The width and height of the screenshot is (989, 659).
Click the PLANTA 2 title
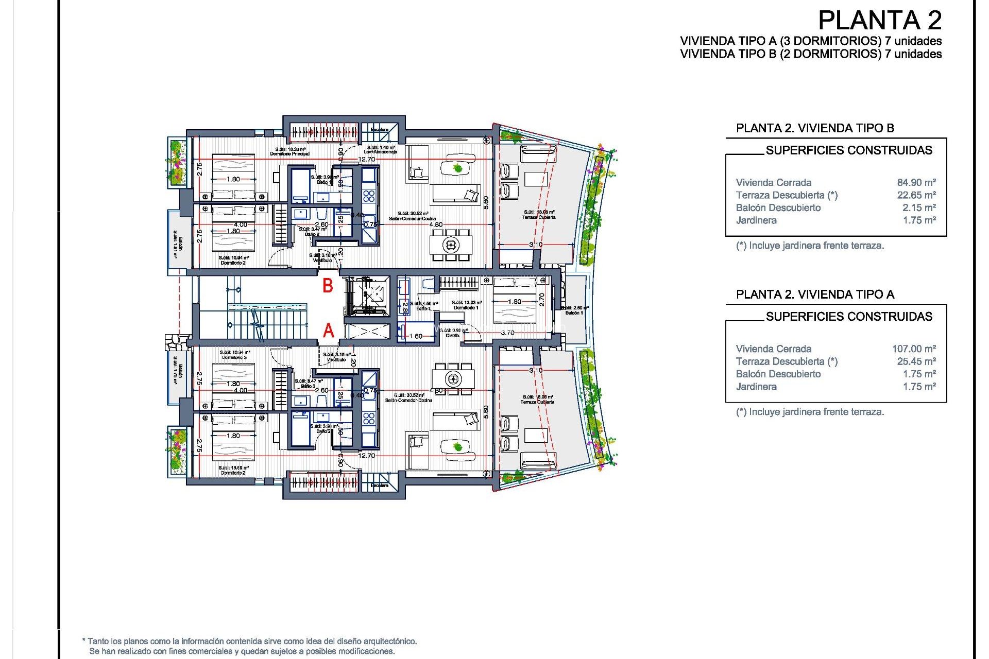[879, 21]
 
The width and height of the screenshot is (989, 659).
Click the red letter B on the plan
[328, 286]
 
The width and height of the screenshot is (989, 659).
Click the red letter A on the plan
[328, 331]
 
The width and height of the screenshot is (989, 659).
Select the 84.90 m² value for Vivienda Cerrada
[916, 182]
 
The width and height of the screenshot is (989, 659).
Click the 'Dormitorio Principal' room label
[290, 154]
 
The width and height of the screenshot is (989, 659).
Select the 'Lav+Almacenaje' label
[380, 152]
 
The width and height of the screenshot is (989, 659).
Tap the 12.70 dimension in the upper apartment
[366, 159]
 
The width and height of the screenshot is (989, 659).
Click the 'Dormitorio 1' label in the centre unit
[466, 308]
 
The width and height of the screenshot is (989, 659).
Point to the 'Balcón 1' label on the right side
[574, 313]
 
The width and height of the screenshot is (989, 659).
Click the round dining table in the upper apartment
[451, 245]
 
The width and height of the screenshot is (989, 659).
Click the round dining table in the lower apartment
[453, 379]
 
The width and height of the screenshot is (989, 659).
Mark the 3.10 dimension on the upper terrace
[536, 245]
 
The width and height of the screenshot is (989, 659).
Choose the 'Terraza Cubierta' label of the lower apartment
[538, 402]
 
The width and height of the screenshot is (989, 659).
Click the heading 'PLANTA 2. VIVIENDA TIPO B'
[814, 128]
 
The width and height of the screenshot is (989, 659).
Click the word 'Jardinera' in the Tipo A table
[756, 387]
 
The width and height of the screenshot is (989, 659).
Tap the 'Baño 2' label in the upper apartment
[312, 234]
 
